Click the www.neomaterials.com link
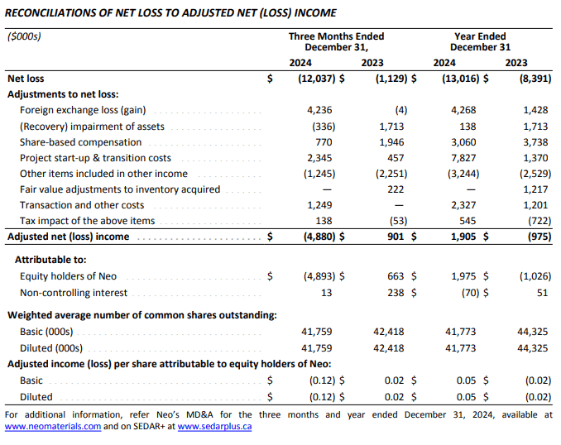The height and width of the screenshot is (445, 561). [53, 427]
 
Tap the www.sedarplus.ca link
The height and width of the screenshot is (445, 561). [214, 427]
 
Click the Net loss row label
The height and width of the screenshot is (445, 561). [26, 79]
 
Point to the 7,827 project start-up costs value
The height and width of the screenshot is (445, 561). [463, 158]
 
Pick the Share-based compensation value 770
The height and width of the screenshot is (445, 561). [324, 142]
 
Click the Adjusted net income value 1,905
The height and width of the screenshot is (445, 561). [463, 237]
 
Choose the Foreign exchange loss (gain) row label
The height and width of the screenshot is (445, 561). [83, 110]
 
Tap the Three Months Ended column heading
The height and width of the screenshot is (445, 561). [336, 36]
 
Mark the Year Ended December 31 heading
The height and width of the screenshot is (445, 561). [480, 42]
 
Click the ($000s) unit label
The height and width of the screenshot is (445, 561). [24, 36]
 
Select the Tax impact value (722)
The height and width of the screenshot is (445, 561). [539, 221]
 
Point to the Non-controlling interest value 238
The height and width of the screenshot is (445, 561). [396, 293]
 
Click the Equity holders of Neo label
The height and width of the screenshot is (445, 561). [68, 276]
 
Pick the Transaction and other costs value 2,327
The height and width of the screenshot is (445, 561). [463, 205]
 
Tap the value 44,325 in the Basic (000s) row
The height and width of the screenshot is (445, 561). [532, 332]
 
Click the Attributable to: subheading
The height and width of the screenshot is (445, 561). [50, 260]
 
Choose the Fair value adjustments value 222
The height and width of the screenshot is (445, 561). [396, 189]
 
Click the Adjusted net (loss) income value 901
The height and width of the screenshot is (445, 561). [396, 237]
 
